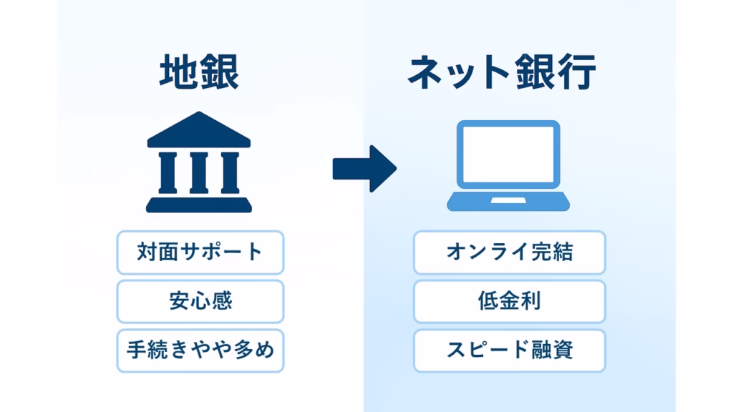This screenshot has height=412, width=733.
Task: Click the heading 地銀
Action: [x=199, y=72]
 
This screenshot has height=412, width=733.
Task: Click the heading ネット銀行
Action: [x=502, y=72]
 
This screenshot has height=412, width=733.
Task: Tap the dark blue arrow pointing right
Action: [x=364, y=169]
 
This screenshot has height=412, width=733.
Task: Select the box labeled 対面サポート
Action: [x=200, y=252]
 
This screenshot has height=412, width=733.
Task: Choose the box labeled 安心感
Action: [x=200, y=301]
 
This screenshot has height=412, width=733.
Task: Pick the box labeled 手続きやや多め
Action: [x=200, y=350]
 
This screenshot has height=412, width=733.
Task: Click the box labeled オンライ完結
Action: [x=509, y=252]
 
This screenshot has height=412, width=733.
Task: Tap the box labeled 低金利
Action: [x=509, y=301]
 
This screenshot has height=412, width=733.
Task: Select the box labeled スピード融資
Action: [x=509, y=350]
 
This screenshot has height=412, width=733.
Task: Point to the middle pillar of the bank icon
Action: [x=199, y=172]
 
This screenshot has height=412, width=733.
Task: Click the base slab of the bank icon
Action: [x=199, y=206]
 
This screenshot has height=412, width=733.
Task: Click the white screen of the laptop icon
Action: [x=509, y=154]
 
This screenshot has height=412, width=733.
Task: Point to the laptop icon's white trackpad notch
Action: [x=508, y=200]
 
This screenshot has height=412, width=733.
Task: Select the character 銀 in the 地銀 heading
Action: [x=219, y=72]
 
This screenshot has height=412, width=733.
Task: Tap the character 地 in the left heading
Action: [x=178, y=72]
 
